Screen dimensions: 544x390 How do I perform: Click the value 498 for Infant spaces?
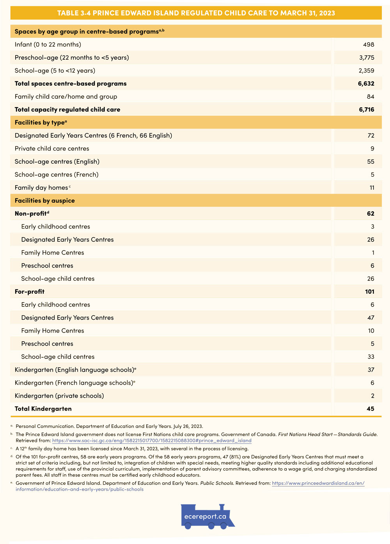[368, 44]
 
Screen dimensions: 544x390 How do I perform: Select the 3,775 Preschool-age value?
[367, 57]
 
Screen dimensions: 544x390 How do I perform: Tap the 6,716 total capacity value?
[366, 110]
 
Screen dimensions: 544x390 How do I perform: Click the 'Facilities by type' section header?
[41, 122]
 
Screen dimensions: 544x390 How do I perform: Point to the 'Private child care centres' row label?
[52, 149]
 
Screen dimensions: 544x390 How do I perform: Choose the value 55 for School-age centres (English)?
[370, 161]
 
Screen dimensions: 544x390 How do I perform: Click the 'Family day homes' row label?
[41, 188]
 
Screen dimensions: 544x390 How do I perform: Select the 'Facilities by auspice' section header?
[44, 200]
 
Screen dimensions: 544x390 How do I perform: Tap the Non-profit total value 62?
[370, 214]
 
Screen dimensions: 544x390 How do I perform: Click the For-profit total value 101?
[369, 292]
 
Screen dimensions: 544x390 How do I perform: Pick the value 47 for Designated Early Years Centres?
[370, 318]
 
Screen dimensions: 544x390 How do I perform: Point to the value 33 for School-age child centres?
[370, 357]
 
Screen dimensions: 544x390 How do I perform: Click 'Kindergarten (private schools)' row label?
[59, 396]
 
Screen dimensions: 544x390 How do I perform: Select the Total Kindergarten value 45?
[370, 409]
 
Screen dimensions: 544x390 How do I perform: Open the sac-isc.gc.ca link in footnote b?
[152, 441]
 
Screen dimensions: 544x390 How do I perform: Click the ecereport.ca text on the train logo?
[205, 516]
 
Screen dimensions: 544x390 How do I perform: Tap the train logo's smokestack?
[222, 507]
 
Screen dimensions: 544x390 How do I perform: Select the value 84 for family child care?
[370, 97]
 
